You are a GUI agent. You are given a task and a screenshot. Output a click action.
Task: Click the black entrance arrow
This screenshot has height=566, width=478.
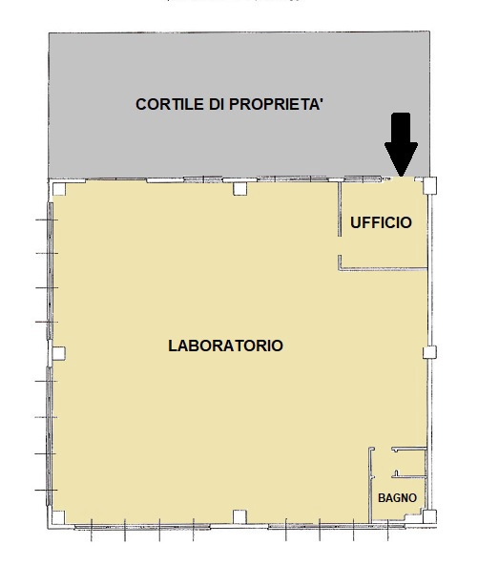click(401, 144)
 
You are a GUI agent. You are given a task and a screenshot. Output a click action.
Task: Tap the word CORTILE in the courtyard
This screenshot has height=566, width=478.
click(170, 104)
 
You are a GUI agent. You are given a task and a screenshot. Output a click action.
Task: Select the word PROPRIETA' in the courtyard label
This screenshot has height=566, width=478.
click(276, 104)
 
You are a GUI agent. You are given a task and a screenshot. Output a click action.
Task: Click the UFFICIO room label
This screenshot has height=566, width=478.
click(381, 222)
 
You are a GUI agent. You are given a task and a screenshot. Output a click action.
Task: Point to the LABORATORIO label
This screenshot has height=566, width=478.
click(225, 346)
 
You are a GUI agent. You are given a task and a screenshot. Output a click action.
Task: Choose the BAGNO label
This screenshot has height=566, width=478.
click(397, 498)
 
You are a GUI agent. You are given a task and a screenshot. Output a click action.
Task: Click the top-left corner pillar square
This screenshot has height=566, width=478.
click(59, 189)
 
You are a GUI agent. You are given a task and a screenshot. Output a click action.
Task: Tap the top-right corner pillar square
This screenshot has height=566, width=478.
click(429, 185)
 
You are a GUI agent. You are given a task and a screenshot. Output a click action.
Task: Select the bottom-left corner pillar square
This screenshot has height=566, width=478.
click(59, 517)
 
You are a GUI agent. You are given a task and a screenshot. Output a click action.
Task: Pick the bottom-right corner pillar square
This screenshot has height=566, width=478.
click(429, 516)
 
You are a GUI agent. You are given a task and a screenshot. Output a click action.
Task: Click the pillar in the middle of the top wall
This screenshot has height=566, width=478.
click(239, 189)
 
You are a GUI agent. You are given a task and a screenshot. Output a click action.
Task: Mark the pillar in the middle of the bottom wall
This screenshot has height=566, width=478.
click(239, 516)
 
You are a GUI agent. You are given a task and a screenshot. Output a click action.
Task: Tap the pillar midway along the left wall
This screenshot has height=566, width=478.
click(59, 353)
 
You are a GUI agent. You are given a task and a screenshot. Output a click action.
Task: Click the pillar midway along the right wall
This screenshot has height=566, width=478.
click(429, 352)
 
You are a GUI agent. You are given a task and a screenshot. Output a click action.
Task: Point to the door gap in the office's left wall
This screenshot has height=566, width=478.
click(340, 246)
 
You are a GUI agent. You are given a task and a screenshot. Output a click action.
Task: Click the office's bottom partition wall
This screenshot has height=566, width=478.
click(383, 269)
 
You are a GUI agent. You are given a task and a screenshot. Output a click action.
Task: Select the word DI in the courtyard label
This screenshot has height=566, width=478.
click(217, 104)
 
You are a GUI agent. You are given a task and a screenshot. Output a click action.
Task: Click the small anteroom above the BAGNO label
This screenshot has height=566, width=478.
click(409, 462)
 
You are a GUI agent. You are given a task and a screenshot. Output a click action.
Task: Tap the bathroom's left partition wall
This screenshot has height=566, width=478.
click(370, 485)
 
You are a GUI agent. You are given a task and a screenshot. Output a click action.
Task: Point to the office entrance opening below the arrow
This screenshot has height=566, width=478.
click(402, 178)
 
